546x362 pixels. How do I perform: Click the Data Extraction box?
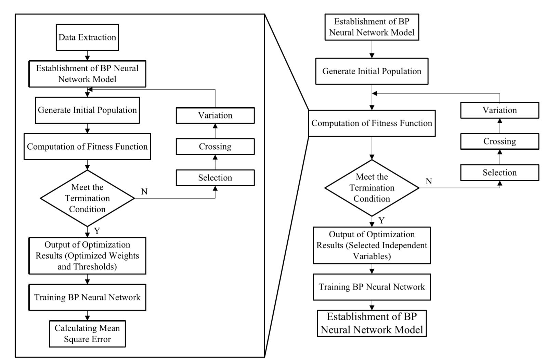coord(87,37)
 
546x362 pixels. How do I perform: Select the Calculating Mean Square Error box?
coord(87,334)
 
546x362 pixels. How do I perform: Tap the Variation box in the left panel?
coord(215,115)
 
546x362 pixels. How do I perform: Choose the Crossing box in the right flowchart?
coord(499,141)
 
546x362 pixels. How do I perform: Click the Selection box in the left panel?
coord(215,178)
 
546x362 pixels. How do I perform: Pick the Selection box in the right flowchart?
coord(499,173)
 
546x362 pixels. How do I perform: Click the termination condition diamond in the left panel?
coord(87,198)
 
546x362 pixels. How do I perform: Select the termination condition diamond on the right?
coord(372,188)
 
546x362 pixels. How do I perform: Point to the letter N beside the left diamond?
coord(144,192)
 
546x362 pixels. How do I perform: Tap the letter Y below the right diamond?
coord(382,221)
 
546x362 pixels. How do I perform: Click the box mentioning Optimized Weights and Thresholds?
coord(87,256)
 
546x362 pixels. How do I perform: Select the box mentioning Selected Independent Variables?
coord(372,245)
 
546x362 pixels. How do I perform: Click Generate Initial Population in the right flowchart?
coord(372,71)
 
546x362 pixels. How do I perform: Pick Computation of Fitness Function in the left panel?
coord(87,147)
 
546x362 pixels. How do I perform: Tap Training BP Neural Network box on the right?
coord(372,287)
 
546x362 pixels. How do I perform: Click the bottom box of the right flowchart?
coord(372,323)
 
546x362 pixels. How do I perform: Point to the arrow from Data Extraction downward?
coord(87,56)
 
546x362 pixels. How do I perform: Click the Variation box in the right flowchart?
coord(499,110)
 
